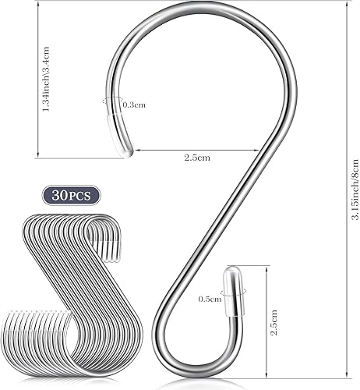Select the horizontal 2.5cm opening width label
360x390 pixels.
point(196,158)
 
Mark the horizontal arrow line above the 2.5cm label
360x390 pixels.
point(195,150)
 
